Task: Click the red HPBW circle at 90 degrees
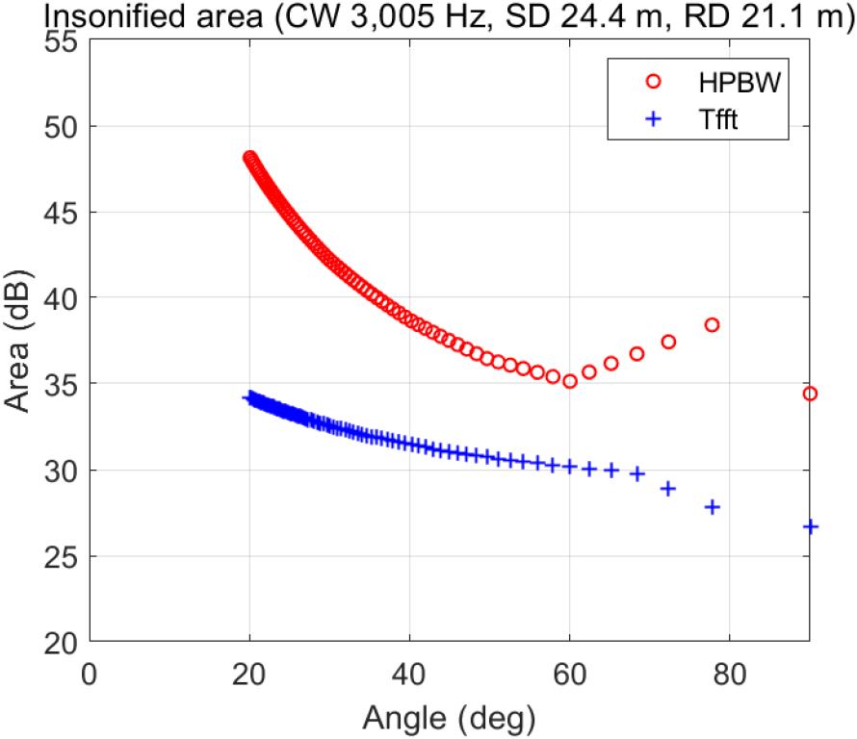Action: coord(810,394)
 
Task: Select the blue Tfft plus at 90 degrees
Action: coord(810,526)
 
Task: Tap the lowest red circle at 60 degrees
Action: coord(569,381)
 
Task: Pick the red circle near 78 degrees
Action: coord(712,325)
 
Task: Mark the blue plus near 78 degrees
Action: coord(713,506)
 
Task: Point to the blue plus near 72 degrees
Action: coord(667,488)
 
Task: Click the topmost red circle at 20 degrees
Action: coord(249,157)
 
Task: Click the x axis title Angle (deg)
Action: coord(448,716)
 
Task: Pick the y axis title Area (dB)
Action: coord(21,342)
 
